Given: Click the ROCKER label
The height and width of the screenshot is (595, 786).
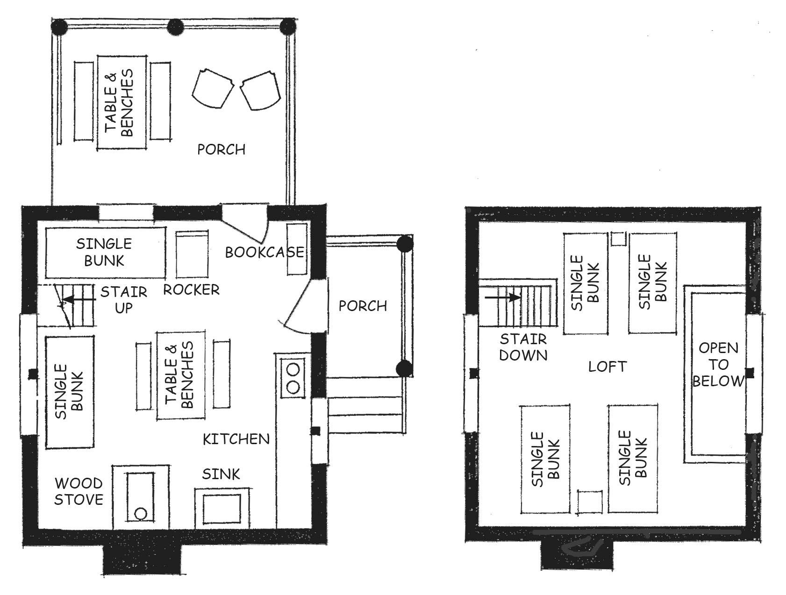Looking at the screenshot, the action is [x=191, y=290].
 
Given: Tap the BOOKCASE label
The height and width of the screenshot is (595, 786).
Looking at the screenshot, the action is [x=264, y=252].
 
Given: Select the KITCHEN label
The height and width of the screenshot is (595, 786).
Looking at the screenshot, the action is [x=236, y=439].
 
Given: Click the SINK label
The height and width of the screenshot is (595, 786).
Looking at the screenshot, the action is [x=221, y=474].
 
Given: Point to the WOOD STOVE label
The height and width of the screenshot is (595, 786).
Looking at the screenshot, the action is [x=79, y=491].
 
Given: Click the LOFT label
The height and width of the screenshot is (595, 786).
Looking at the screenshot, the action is [x=607, y=367].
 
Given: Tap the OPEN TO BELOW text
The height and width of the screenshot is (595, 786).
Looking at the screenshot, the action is [x=719, y=364].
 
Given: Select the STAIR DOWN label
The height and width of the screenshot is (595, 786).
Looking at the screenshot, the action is [x=523, y=347].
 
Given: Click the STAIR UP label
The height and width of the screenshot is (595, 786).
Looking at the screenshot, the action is [x=124, y=300].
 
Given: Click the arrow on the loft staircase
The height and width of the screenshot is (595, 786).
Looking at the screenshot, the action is [x=503, y=297].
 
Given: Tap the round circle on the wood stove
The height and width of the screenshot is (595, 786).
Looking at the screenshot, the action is [x=140, y=514].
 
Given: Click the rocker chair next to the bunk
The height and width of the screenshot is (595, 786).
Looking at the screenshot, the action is [x=192, y=255].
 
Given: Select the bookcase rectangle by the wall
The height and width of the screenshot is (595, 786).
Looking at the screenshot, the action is [x=296, y=249].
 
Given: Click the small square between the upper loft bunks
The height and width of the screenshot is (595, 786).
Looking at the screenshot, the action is [x=618, y=238].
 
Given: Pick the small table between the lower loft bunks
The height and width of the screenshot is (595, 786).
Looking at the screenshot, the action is [x=590, y=502].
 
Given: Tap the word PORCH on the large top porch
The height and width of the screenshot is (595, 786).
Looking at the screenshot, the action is [x=221, y=149].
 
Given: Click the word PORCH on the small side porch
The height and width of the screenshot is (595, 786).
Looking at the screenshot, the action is [x=363, y=306].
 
